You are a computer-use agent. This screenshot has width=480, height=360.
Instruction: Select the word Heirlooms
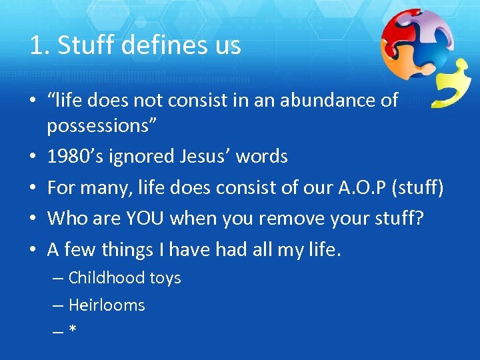107,305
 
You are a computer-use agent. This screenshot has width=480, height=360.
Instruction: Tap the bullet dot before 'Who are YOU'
33,219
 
